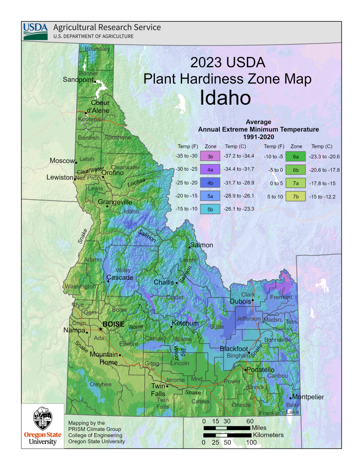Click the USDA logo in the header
click(x=35, y=31)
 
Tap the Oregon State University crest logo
click(x=43, y=419)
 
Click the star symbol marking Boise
click(x=101, y=329)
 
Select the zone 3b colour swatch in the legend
click(x=210, y=157)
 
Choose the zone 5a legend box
click(x=210, y=196)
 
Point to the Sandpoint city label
click(x=78, y=79)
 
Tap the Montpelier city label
click(x=308, y=397)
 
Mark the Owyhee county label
click(x=100, y=384)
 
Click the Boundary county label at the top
click(x=97, y=49)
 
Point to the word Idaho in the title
click(x=225, y=97)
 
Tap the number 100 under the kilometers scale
click(x=251, y=442)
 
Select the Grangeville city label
click(x=115, y=202)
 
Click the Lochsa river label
click(x=136, y=182)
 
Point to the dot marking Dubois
click(x=252, y=301)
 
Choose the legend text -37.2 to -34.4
click(x=239, y=157)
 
